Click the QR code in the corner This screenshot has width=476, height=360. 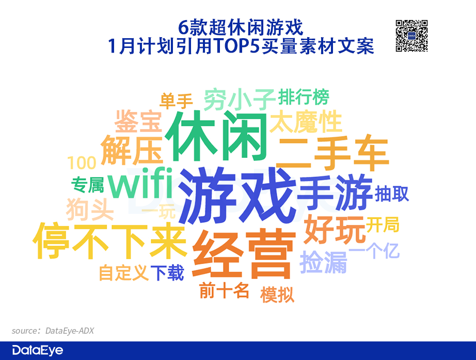pos(411,36)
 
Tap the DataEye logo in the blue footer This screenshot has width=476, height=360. pos(38,350)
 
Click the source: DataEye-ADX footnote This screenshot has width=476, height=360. pos(53,331)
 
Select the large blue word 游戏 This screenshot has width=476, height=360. pos(237,195)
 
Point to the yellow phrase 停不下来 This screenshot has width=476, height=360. pos(110,241)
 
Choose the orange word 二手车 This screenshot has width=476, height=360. pos(332,154)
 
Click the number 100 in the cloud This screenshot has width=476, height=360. pos(82,163)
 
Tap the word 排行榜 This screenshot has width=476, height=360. pos(303,97)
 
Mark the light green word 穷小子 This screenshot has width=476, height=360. pos(239,99)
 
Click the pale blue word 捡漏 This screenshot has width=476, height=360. pos(323,263)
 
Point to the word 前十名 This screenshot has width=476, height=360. pos(225,290)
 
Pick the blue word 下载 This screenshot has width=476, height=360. pos(167,273)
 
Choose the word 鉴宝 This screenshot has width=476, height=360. pos(138,122)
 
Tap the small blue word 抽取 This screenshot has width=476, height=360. pos(392,194)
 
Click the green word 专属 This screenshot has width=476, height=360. pos(87,185)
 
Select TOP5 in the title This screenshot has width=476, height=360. pos(237,46)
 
